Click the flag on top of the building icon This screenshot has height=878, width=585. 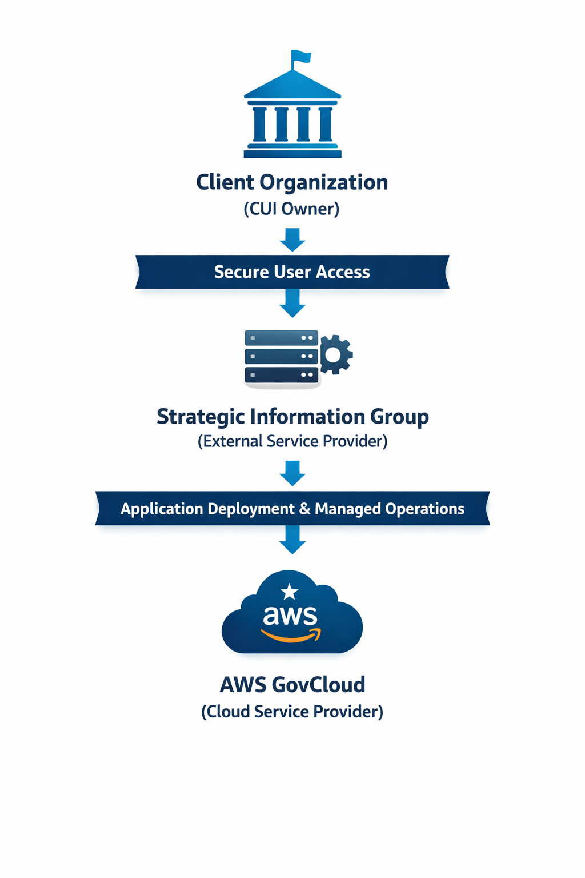[301, 57]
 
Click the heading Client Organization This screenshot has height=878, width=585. [292, 182]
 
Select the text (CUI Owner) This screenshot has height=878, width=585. [292, 209]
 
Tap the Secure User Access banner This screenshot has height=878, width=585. [292, 272]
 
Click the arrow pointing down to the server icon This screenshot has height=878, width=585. [292, 304]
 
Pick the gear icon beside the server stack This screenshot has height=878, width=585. [335, 355]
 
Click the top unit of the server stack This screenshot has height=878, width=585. [281, 338]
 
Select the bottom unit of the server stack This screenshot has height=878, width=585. [281, 375]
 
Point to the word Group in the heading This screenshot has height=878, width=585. [399, 417]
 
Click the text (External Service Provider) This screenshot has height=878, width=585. [292, 441]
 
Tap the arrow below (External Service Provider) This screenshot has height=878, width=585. [292, 473]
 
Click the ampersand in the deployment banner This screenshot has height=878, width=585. [305, 509]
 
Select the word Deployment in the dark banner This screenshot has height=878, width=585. [251, 509]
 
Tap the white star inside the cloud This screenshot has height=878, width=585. [290, 592]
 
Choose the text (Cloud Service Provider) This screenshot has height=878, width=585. [292, 712]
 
